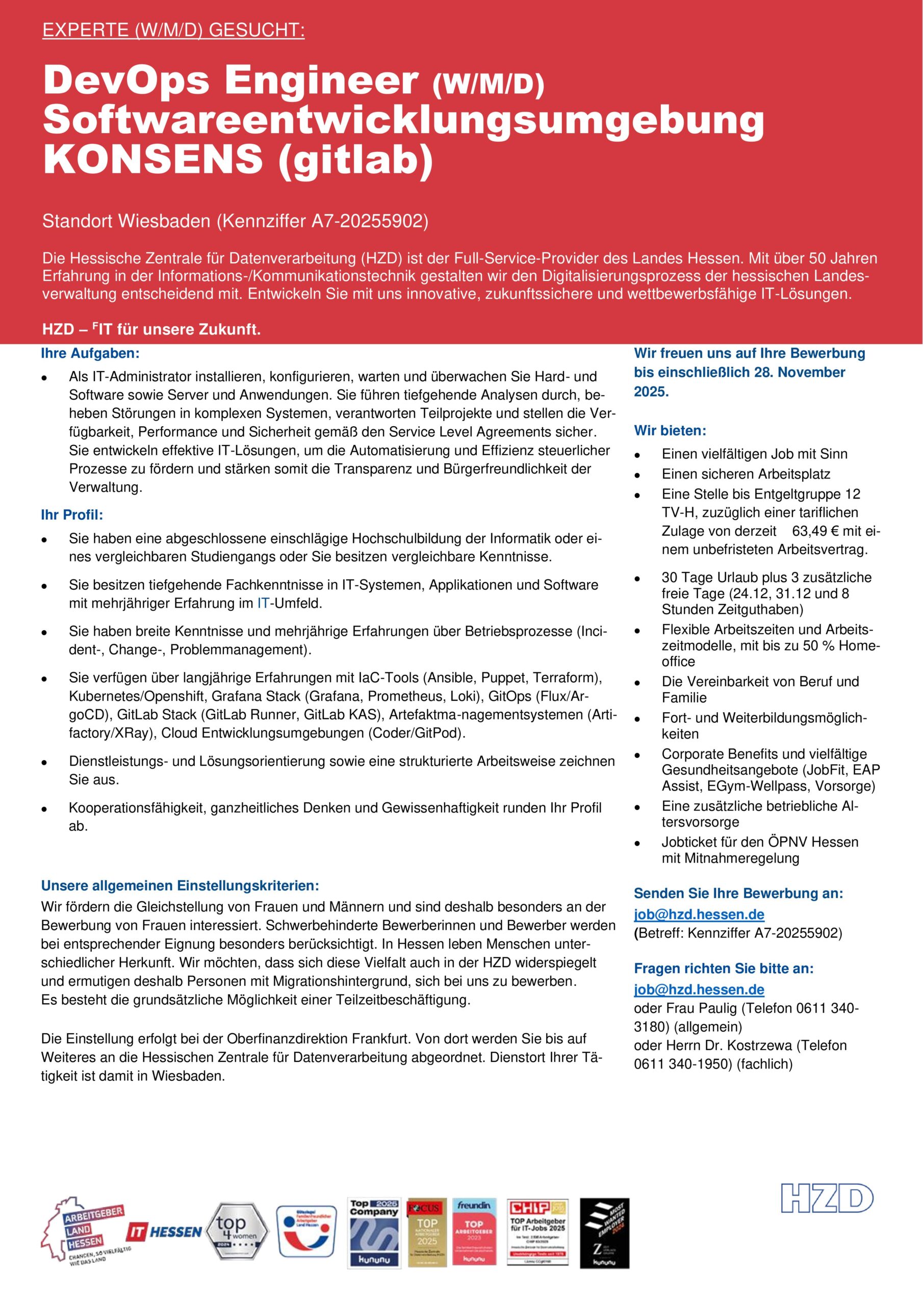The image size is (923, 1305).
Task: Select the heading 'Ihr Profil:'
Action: point(72,515)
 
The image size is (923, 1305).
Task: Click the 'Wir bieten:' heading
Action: point(670,430)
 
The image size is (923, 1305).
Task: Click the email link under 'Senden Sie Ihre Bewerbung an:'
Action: point(699,915)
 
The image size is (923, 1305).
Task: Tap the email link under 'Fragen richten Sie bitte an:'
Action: point(699,989)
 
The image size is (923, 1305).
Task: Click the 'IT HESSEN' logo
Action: point(164,1231)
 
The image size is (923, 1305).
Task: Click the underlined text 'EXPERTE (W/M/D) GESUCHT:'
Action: point(173,30)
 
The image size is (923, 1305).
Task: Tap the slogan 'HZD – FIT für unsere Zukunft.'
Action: point(151,330)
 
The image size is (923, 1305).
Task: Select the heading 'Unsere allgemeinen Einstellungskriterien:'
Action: point(180,885)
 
